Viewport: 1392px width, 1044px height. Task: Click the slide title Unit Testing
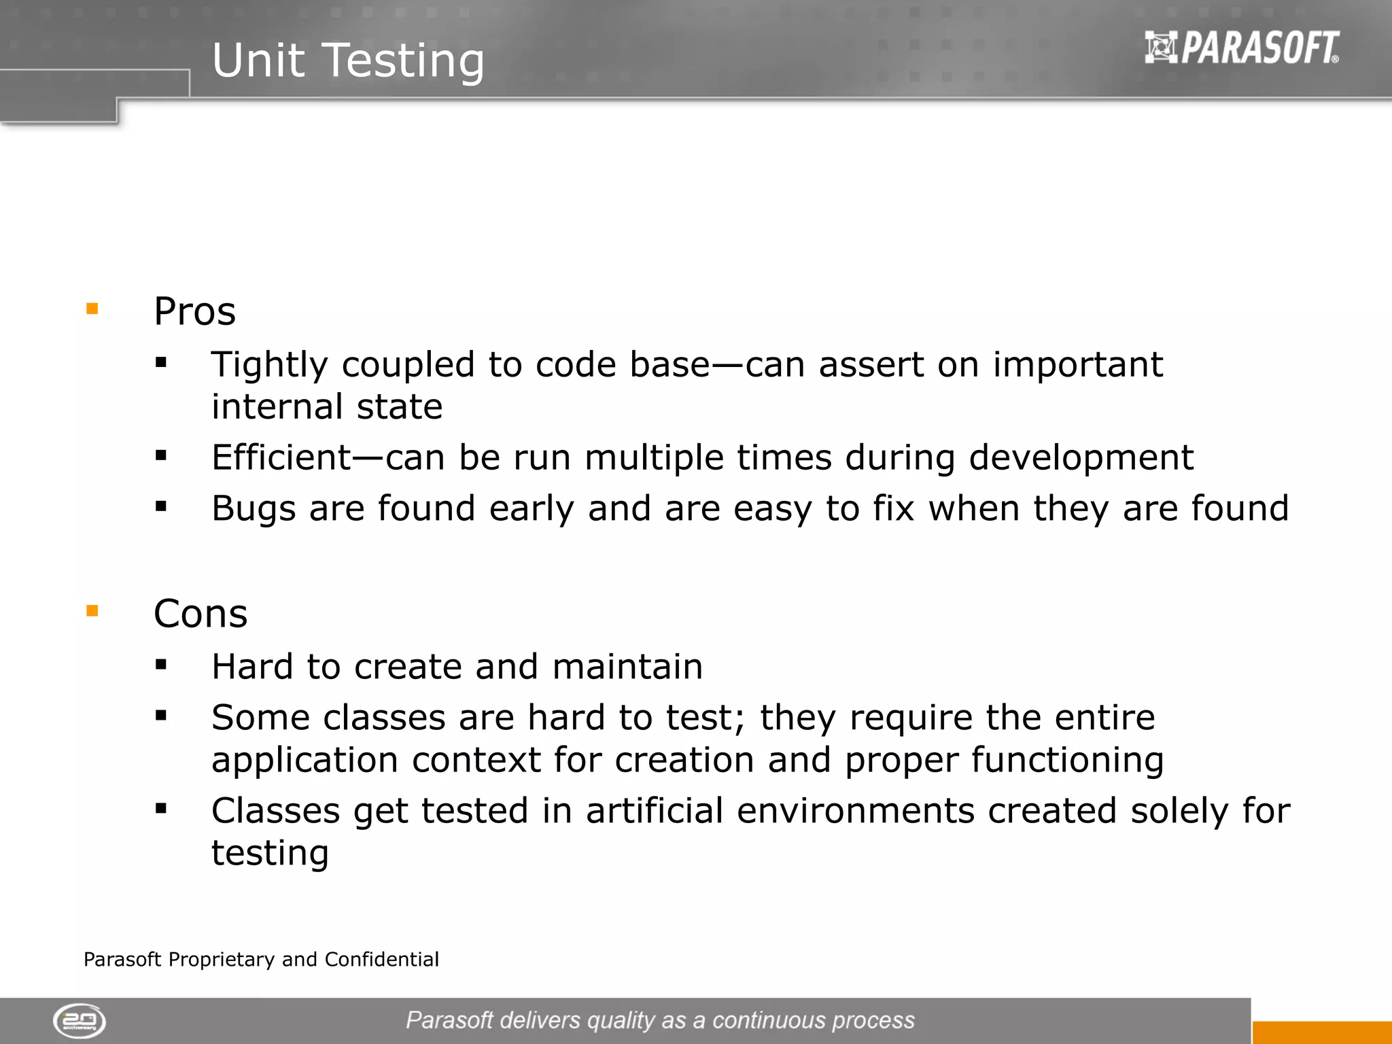(x=348, y=60)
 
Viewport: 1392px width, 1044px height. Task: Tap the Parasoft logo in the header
(x=1242, y=48)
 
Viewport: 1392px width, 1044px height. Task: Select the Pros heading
(x=194, y=311)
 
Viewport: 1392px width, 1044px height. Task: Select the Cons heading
(x=201, y=613)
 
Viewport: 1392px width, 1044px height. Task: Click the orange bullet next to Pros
(x=92, y=309)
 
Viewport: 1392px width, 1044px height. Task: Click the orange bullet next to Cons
(x=92, y=611)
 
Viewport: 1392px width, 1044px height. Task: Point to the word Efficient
(x=281, y=457)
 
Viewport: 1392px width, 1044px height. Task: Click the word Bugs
(x=254, y=509)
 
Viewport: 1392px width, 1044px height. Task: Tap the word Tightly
(x=269, y=366)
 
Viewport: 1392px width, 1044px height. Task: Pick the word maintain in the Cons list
(x=627, y=666)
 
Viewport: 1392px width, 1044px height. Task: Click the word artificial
(x=654, y=810)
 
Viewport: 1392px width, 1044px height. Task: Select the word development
(x=1081, y=458)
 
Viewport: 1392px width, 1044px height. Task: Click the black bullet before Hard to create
(x=161, y=665)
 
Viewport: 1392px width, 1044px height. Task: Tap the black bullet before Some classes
(x=161, y=715)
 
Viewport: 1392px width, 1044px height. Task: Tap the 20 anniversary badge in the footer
(x=80, y=1020)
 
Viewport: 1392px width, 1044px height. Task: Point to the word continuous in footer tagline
(x=768, y=1020)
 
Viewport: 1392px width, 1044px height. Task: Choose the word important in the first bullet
(x=1077, y=364)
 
